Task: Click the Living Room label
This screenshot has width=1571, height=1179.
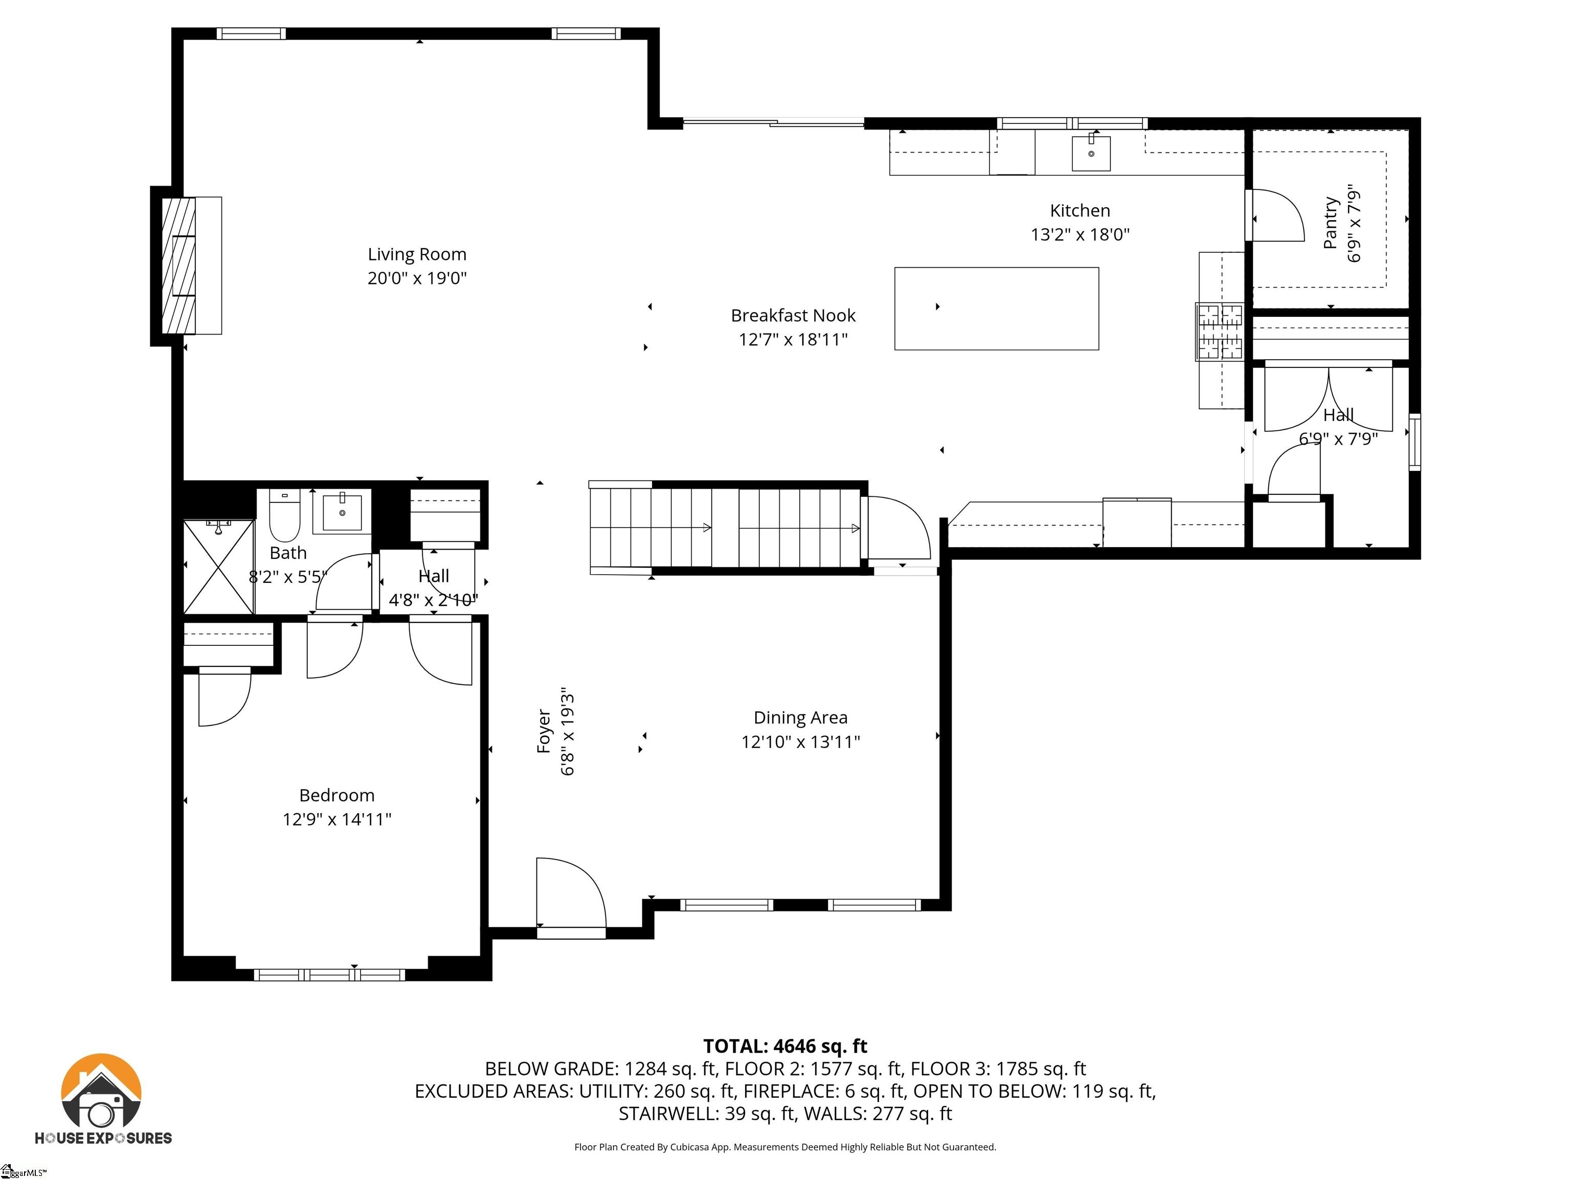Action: coord(417,254)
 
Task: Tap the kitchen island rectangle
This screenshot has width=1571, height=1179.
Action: coord(996,309)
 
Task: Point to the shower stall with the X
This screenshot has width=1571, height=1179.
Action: coord(219,566)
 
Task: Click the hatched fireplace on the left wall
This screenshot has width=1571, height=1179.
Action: coord(178,265)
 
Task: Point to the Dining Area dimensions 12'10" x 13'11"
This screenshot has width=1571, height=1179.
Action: coord(800,742)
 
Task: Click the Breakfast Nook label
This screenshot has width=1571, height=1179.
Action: coord(793,316)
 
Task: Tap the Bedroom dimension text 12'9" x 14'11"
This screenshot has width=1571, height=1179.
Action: coord(336,819)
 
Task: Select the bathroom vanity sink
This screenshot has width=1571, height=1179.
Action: coord(342,512)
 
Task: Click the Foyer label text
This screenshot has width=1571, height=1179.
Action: coord(544,731)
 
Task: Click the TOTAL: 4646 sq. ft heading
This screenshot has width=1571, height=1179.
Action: coord(785,1046)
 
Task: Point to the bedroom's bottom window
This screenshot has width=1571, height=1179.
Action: coord(329,974)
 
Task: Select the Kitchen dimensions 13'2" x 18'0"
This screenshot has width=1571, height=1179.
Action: coord(1080,234)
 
